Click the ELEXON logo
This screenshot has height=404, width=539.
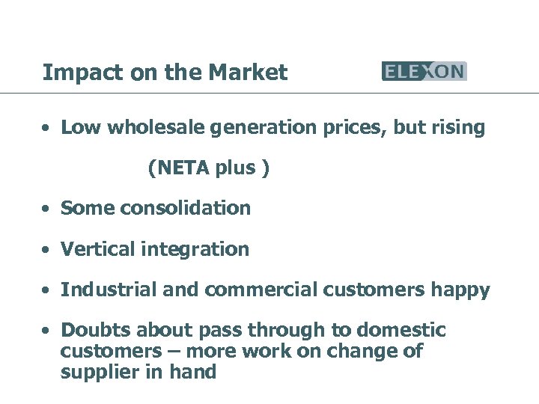(x=424, y=71)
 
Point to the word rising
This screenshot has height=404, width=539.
(x=458, y=128)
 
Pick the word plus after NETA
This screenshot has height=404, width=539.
(x=235, y=168)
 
